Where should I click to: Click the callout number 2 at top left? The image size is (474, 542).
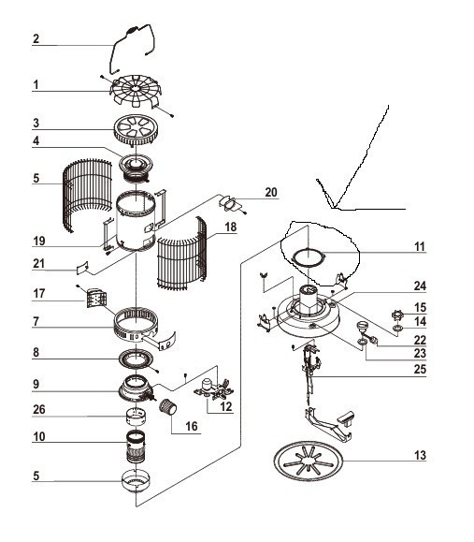(x=36, y=38)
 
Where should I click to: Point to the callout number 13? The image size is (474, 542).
(x=420, y=455)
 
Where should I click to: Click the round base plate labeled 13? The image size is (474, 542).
(x=309, y=461)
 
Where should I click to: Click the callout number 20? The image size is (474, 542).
(x=271, y=192)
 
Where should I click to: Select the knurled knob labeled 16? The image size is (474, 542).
(x=167, y=406)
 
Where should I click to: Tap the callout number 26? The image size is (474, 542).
(x=39, y=409)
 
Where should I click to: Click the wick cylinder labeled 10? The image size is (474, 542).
(x=136, y=447)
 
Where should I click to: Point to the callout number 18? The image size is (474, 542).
(x=231, y=227)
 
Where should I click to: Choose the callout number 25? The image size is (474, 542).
(x=420, y=369)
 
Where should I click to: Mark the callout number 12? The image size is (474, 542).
(x=226, y=406)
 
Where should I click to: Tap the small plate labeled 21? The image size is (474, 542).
(x=82, y=268)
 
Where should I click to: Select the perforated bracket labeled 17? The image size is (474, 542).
(x=95, y=299)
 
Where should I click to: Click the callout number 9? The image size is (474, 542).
(x=36, y=384)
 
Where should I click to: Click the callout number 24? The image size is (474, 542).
(x=420, y=286)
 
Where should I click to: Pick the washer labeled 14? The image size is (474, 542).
(x=397, y=328)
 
